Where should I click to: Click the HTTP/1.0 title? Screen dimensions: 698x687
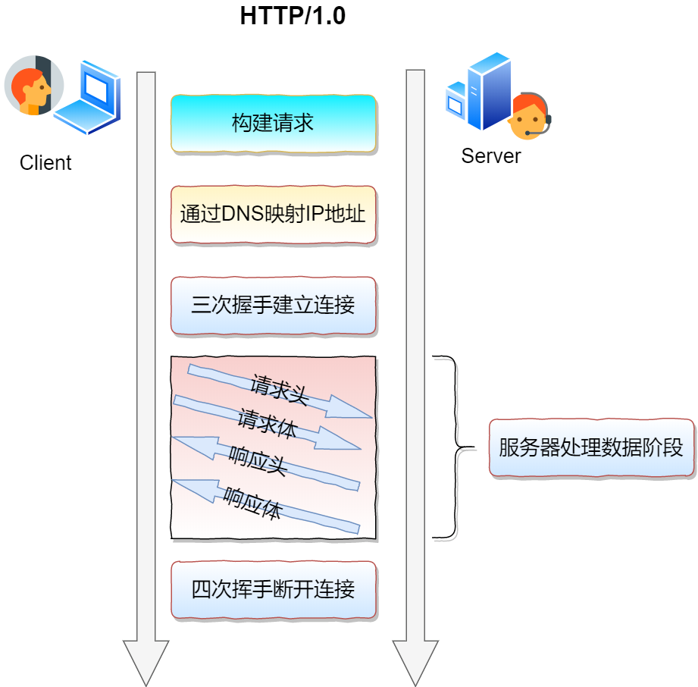click(293, 16)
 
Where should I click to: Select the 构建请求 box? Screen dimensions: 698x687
click(274, 124)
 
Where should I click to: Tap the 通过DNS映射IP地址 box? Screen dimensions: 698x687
click(274, 215)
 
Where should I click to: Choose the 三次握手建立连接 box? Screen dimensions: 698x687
click(274, 305)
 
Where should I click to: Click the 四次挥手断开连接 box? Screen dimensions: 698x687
click(274, 589)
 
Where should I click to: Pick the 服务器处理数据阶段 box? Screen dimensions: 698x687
click(591, 447)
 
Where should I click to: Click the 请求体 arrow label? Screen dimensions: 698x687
click(267, 423)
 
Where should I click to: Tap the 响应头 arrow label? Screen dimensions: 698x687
click(258, 461)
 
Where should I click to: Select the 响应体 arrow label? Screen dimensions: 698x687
click(252, 503)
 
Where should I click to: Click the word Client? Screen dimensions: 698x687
click(45, 162)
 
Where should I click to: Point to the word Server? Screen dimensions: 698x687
click(490, 156)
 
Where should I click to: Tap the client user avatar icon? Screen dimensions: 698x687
click(34, 85)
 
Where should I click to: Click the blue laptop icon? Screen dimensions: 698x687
click(88, 97)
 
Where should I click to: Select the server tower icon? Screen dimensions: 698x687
click(479, 91)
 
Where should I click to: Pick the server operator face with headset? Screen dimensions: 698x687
click(531, 116)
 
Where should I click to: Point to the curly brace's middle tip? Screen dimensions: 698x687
click(474, 447)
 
